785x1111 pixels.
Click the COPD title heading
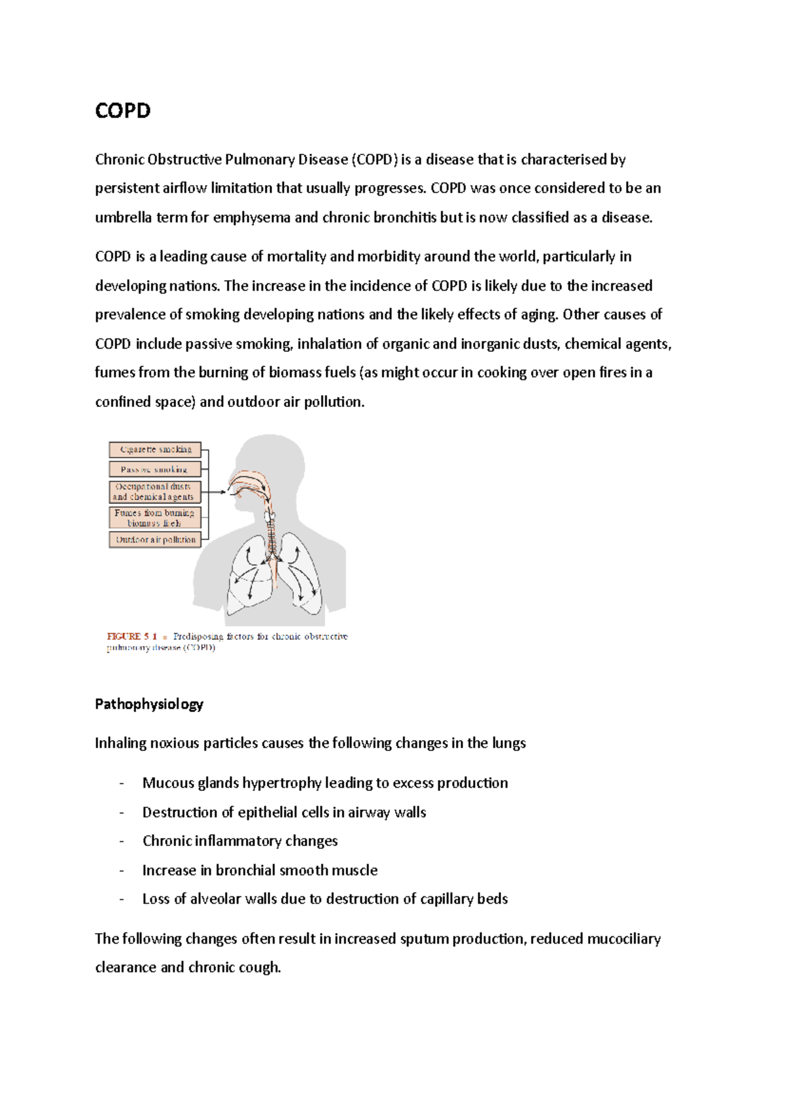tap(123, 110)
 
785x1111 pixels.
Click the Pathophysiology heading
tap(149, 704)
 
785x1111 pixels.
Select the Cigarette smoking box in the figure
tap(155, 450)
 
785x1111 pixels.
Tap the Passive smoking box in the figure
tap(155, 469)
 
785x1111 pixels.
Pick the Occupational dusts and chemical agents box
tap(155, 492)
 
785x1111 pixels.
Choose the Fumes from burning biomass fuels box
tap(155, 518)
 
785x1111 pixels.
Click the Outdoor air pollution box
tap(155, 540)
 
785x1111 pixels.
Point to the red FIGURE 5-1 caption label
tap(132, 636)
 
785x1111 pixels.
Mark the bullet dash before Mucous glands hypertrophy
tap(122, 783)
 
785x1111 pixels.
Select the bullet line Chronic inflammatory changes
tap(240, 841)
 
